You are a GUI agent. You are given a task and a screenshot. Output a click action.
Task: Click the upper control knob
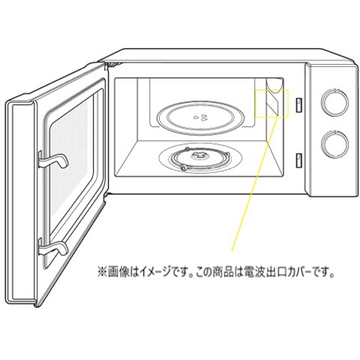[335, 102]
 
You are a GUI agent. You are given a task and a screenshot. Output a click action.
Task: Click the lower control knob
[335, 143]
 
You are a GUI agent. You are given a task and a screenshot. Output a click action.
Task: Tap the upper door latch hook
[53, 160]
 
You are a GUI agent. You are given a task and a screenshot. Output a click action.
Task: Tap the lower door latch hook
[53, 247]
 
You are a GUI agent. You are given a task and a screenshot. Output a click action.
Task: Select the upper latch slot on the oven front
[299, 105]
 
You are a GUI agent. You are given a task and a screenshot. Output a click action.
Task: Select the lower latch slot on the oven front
[299, 160]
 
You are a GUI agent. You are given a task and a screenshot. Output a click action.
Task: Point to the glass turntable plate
[201, 118]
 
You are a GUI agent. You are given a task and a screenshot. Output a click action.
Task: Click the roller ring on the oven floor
[199, 160]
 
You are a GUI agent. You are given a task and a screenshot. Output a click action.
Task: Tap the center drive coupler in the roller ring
[199, 156]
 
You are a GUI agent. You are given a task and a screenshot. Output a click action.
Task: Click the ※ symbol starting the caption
[102, 274]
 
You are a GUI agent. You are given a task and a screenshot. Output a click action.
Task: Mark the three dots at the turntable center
[201, 117]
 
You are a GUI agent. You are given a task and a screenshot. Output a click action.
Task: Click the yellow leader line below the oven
[255, 184]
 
